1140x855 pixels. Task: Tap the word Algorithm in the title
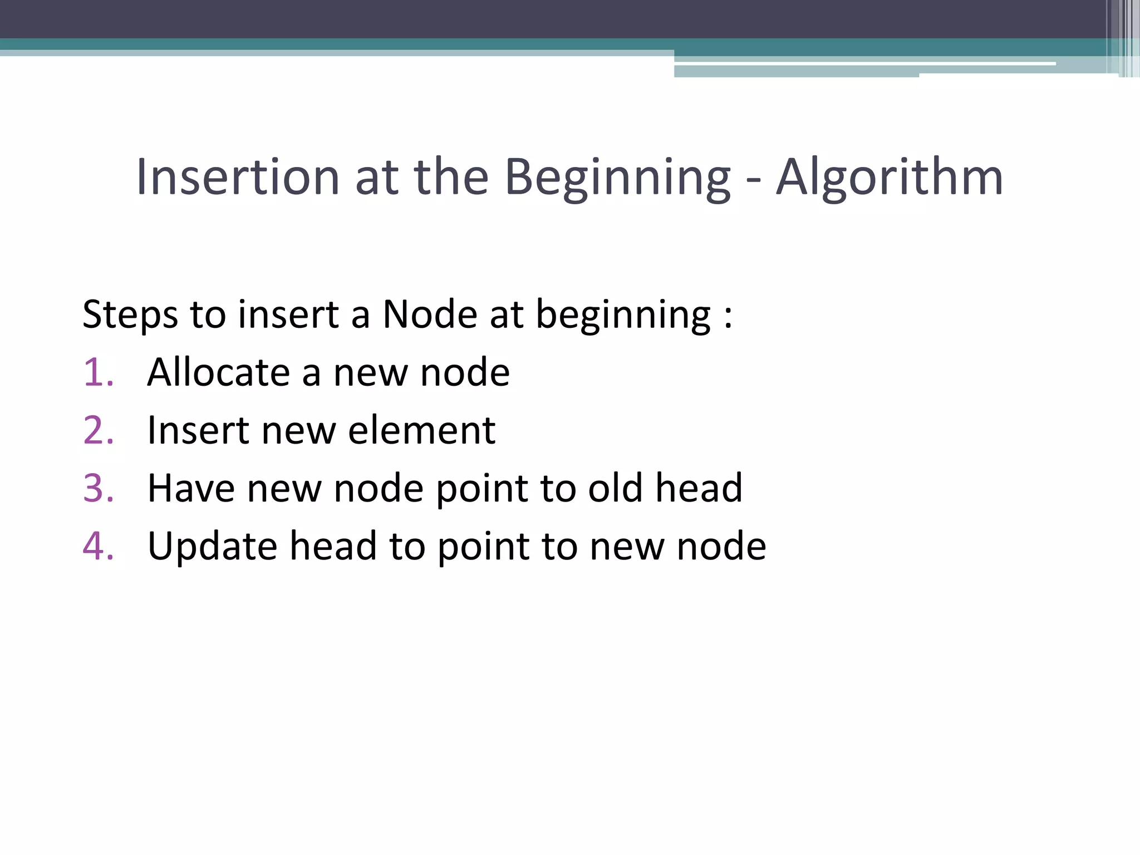[x=889, y=177]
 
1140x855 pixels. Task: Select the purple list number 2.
[x=98, y=430]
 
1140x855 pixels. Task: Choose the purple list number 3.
[x=98, y=488]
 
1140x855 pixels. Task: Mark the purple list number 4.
[x=98, y=546]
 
